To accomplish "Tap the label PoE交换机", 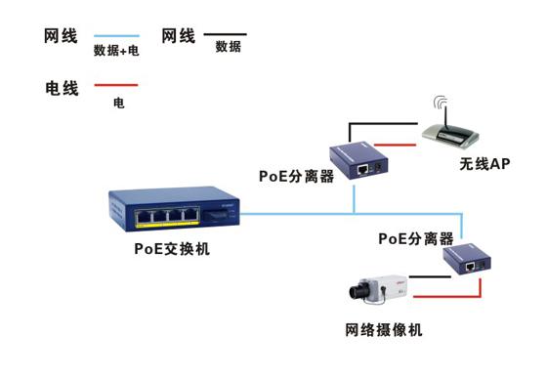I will click(172, 249).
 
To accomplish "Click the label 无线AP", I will click(485, 163).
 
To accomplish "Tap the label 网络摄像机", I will click(383, 331).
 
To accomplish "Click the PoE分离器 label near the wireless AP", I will click(298, 177).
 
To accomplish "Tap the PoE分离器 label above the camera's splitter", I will click(416, 237).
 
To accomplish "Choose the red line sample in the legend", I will click(115, 86).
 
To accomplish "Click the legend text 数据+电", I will click(116, 50).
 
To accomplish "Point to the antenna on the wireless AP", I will click(442, 106).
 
